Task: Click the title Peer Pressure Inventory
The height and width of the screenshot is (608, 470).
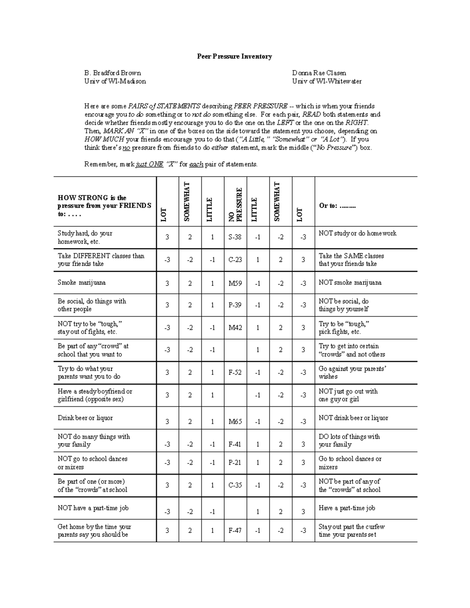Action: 234,56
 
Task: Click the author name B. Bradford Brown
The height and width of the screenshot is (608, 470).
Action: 112,73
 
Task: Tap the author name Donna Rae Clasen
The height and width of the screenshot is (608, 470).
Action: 319,73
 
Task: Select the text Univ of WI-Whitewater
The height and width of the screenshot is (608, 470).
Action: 327,81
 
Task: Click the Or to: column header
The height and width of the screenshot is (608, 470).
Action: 337,206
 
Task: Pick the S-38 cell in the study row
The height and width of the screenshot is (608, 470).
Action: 235,237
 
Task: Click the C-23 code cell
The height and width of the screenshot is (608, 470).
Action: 235,260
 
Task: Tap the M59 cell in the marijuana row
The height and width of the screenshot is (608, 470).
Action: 235,283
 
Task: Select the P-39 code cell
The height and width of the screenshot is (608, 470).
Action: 235,305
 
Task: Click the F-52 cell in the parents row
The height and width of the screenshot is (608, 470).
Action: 235,373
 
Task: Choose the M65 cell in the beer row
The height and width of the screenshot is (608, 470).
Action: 235,421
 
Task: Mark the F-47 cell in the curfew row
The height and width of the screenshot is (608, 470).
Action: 235,531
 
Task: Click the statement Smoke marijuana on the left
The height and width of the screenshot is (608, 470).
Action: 81,283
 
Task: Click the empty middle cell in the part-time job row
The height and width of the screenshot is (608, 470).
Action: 235,508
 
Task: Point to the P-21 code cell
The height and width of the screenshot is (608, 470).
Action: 235,462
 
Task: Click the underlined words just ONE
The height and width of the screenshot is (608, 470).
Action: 149,164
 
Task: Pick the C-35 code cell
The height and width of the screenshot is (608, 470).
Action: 235,485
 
